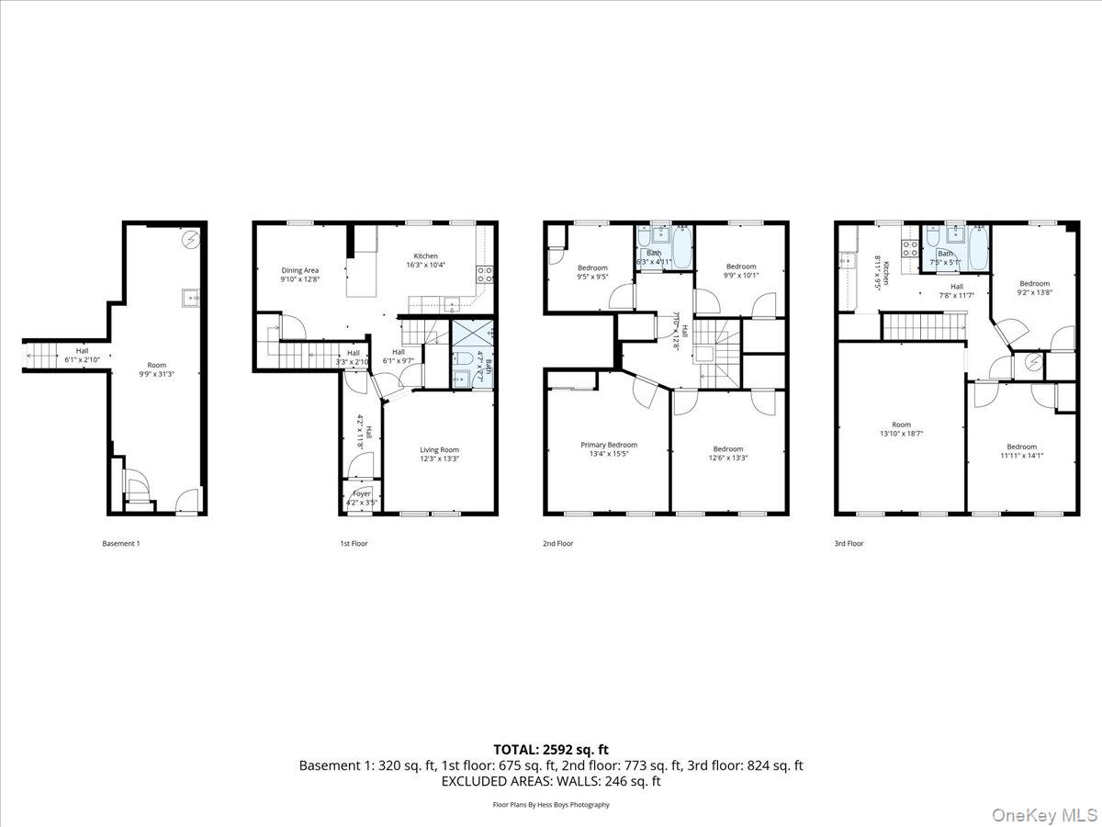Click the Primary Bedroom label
608,445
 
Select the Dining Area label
299,270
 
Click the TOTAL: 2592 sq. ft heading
551,749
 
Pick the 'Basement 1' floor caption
120,543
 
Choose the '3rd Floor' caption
849,543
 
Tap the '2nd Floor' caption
557,543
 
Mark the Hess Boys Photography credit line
551,804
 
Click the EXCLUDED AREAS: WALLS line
551,781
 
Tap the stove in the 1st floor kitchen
485,274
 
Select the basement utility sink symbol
190,297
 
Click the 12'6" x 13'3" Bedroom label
728,453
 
